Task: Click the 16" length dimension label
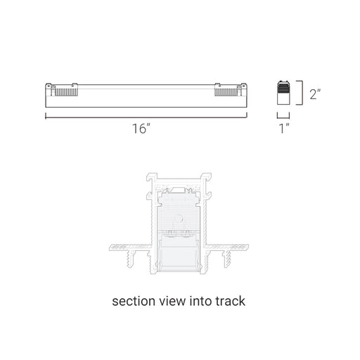(141, 129)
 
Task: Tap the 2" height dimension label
(315, 94)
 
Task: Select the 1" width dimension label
(284, 129)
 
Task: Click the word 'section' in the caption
(134, 301)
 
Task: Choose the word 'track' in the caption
(231, 301)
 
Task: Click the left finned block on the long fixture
(66, 91)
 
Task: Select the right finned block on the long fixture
(226, 91)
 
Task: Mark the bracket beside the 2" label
(302, 93)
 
